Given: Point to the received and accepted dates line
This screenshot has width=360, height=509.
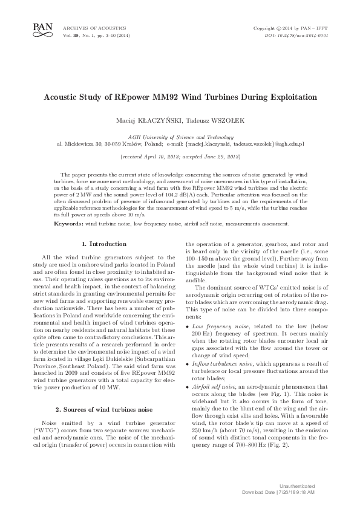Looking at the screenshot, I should (x=180, y=156).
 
